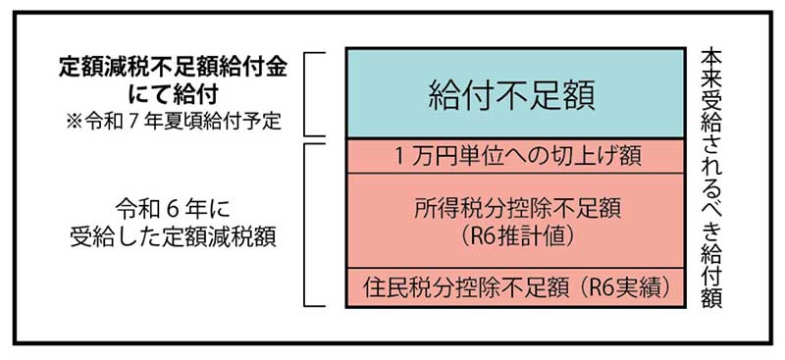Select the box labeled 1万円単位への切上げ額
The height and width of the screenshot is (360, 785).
513,156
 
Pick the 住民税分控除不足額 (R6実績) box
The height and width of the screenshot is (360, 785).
513,288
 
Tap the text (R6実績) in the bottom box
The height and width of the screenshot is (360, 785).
624,288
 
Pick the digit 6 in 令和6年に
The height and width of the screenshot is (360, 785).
162,210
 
